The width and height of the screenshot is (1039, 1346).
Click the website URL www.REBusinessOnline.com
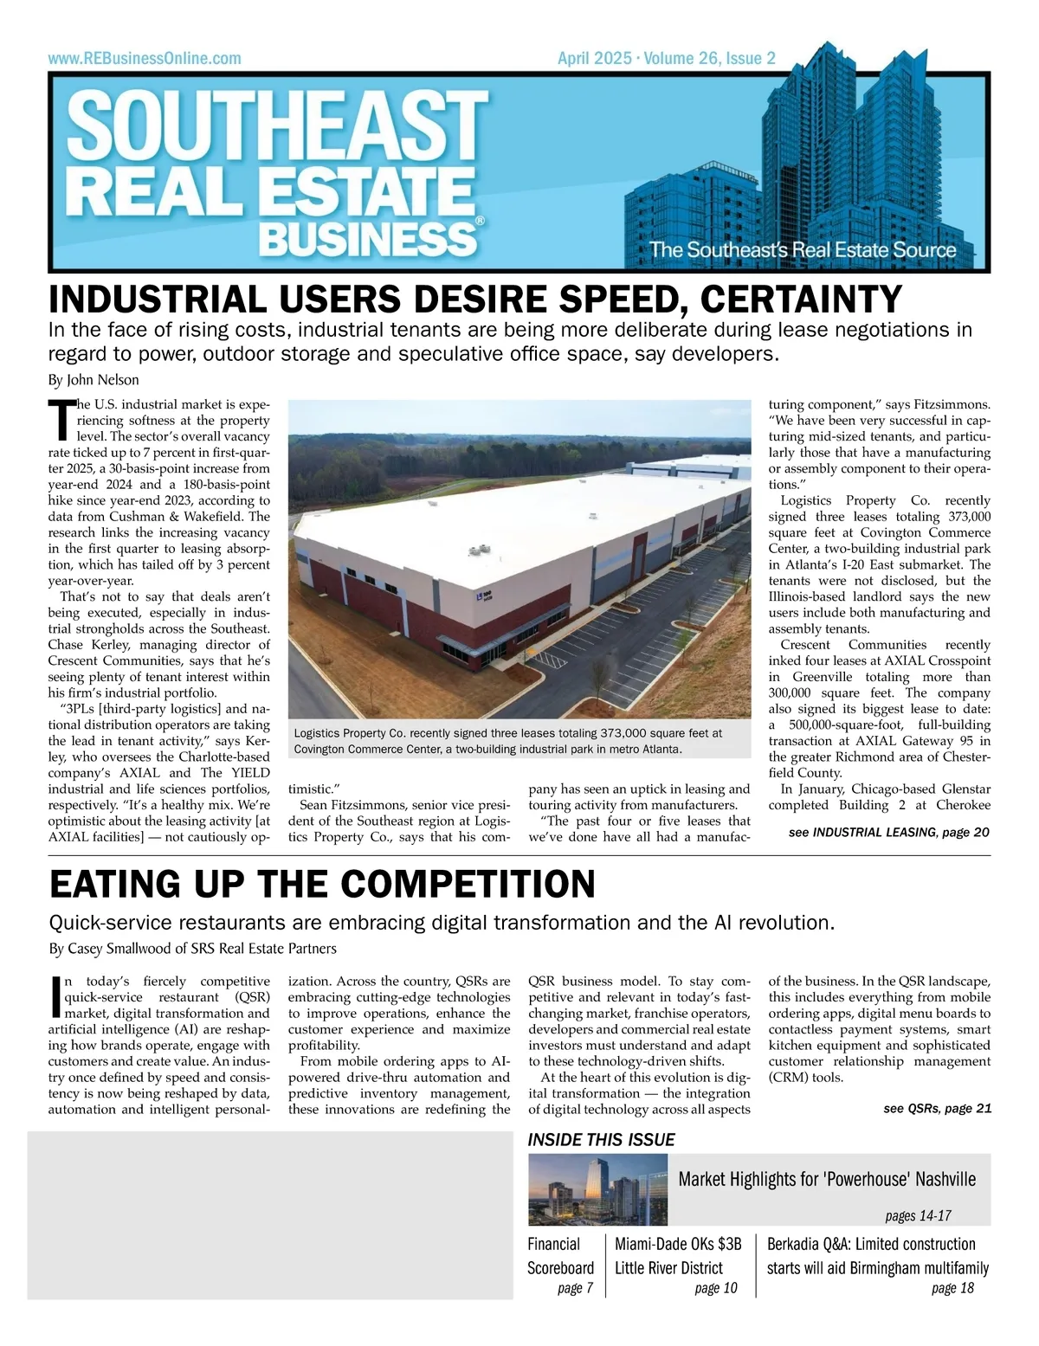click(x=145, y=59)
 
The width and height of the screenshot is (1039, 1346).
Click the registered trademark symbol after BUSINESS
click(x=480, y=222)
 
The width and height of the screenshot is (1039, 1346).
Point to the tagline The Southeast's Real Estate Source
click(x=803, y=250)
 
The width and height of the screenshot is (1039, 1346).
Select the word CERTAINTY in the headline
click(x=801, y=299)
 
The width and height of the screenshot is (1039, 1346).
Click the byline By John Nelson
click(x=94, y=380)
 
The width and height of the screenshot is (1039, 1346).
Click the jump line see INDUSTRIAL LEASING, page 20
click(x=888, y=833)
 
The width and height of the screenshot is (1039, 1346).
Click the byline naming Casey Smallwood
click(x=193, y=949)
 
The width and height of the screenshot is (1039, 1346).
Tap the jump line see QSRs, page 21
click(x=937, y=1109)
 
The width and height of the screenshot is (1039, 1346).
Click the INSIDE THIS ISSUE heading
click(x=602, y=1140)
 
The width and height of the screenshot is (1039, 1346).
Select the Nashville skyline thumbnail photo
click(x=598, y=1189)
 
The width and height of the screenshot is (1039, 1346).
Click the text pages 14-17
click(x=918, y=1216)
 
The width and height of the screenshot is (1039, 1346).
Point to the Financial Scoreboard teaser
click(x=561, y=1256)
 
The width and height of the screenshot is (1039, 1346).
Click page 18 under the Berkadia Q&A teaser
click(x=952, y=1288)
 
